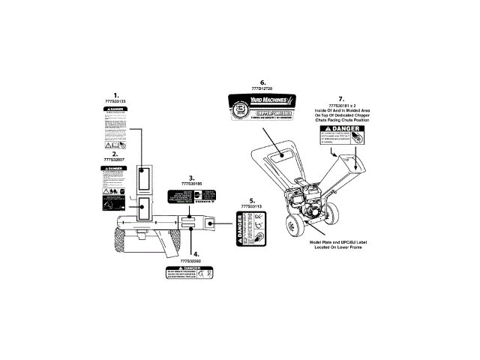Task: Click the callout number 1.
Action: pyautogui.click(x=116, y=93)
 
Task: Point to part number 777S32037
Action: pyautogui.click(x=115, y=160)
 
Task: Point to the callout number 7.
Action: pyautogui.click(x=341, y=97)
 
